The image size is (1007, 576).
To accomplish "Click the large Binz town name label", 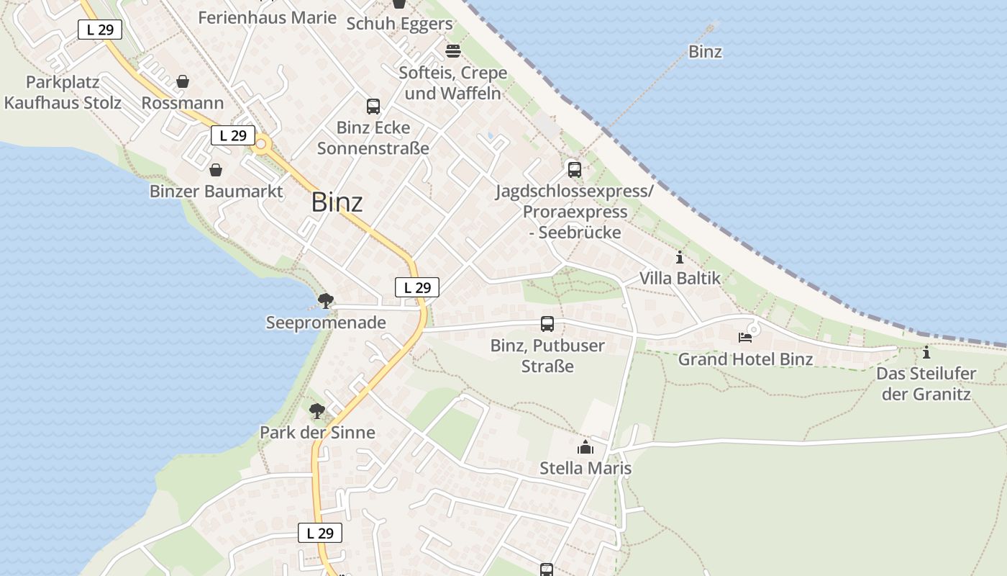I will pyautogui.click(x=337, y=202).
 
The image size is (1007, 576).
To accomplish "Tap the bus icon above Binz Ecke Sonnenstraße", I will pyautogui.click(x=373, y=107).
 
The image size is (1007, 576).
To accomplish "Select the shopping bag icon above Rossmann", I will pyautogui.click(x=183, y=81).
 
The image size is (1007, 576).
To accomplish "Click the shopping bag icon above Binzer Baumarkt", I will pyautogui.click(x=215, y=170).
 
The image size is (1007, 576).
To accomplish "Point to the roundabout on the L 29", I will pyautogui.click(x=260, y=145).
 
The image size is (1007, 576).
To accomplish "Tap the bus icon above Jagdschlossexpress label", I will pyautogui.click(x=574, y=170).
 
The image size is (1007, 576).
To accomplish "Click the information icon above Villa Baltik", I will pyautogui.click(x=680, y=257).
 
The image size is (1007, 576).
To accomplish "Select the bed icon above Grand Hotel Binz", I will pyautogui.click(x=745, y=337).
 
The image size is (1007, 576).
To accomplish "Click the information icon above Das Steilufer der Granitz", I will pyautogui.click(x=926, y=353).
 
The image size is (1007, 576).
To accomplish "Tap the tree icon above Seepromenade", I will pyautogui.click(x=325, y=300).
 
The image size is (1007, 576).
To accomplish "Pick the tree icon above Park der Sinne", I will pyautogui.click(x=316, y=411).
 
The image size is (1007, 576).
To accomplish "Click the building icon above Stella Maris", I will pyautogui.click(x=585, y=447).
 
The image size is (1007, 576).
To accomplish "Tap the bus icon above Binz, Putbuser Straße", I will pyautogui.click(x=547, y=324).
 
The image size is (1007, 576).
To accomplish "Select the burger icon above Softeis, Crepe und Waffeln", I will pyautogui.click(x=452, y=51).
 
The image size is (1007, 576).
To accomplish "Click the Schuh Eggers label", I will pyautogui.click(x=399, y=24).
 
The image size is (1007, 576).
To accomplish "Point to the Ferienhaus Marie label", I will pyautogui.click(x=267, y=17).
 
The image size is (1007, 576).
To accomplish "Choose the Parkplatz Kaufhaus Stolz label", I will pyautogui.click(x=63, y=92).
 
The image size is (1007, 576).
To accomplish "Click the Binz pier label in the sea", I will pyautogui.click(x=705, y=52).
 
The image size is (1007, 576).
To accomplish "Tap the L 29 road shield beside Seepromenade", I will pyautogui.click(x=417, y=287).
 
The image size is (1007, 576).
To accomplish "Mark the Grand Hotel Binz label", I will pyautogui.click(x=745, y=359).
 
